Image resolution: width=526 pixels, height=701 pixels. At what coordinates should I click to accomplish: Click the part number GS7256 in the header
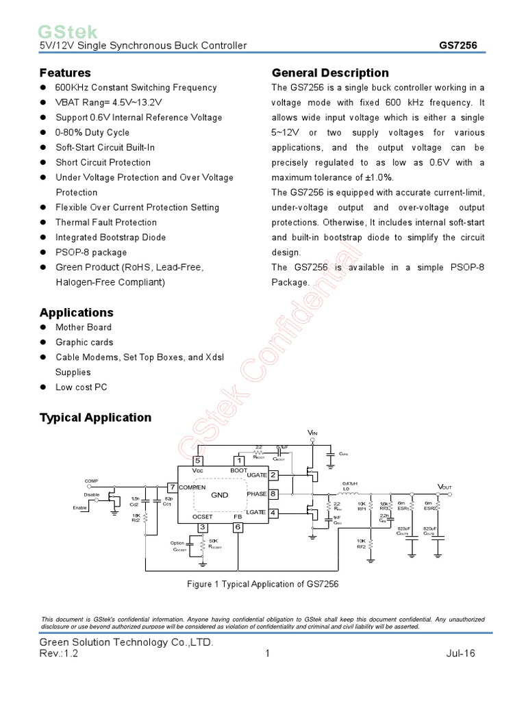(458, 46)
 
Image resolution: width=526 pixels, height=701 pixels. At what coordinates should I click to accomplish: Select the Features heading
(65, 73)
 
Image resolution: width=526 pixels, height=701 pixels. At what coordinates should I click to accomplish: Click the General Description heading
(330, 73)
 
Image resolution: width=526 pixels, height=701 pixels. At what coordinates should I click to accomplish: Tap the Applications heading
(77, 312)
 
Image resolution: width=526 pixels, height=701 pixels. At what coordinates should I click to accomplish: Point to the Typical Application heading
(95, 418)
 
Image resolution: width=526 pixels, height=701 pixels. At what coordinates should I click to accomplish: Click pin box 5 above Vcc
(198, 460)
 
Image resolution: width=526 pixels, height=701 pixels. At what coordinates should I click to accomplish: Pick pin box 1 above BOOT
(239, 460)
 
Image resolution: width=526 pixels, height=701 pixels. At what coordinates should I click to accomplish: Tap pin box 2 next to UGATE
(273, 475)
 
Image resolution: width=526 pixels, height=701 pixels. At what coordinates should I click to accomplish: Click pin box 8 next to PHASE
(273, 494)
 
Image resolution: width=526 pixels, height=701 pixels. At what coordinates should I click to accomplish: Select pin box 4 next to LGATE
(273, 513)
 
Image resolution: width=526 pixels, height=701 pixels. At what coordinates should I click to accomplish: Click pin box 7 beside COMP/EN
(172, 487)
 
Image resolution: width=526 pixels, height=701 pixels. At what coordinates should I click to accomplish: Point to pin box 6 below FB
(238, 527)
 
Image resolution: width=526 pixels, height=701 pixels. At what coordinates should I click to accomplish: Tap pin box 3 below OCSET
(202, 527)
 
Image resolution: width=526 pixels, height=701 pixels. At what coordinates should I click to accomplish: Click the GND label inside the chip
(219, 494)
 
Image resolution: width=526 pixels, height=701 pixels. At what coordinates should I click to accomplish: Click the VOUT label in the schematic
(444, 487)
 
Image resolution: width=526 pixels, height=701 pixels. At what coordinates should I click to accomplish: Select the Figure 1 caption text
(263, 584)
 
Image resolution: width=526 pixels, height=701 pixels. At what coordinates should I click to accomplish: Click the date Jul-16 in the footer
(460, 654)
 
